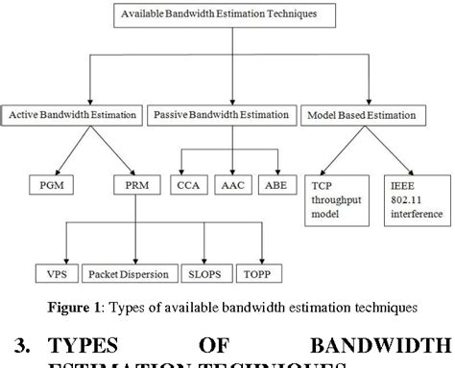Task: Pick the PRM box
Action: click(135, 183)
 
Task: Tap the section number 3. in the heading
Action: click(15, 345)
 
